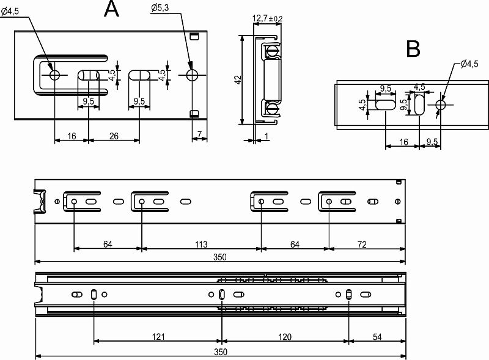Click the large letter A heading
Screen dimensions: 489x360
point(112,9)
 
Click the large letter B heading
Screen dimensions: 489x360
point(413,49)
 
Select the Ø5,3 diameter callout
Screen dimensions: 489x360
point(160,7)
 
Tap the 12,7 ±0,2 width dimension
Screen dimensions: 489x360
point(267,18)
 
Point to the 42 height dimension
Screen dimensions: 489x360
point(238,80)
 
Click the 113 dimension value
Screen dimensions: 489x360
point(201,244)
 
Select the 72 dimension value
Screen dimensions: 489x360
point(362,244)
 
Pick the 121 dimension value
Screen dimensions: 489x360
point(158,337)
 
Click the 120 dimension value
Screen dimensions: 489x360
point(284,337)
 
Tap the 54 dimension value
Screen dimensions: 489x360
point(377,337)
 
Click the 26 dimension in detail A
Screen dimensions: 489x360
point(114,136)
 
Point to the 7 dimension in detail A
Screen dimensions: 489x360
point(200,134)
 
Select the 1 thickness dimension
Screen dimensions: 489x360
point(266,136)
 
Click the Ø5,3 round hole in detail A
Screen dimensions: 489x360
point(193,75)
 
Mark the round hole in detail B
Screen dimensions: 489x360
point(441,105)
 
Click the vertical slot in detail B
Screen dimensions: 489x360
point(419,105)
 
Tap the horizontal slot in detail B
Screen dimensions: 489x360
point(386,105)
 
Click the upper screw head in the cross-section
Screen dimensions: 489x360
point(272,51)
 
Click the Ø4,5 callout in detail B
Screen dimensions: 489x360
point(469,64)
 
